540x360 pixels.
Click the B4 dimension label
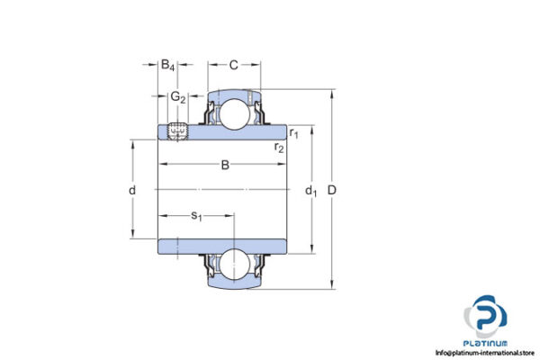click(168, 65)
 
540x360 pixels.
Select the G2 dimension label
click(178, 96)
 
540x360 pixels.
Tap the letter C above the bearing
click(234, 65)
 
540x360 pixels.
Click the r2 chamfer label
click(279, 147)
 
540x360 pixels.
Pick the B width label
click(225, 165)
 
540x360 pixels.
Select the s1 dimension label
click(196, 215)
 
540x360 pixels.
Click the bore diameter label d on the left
click(131, 191)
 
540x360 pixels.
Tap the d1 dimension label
click(311, 191)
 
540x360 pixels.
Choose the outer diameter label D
click(335, 191)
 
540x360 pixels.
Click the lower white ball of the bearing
click(234, 263)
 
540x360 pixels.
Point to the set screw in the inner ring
click(177, 131)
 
